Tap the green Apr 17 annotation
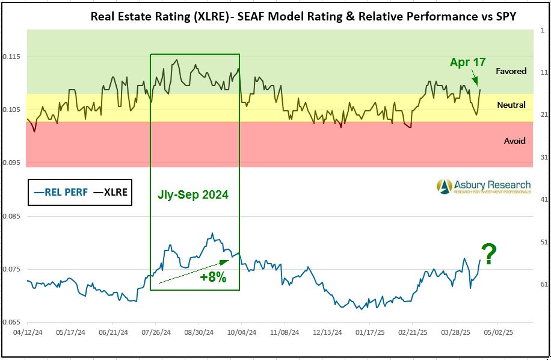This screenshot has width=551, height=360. point(467,62)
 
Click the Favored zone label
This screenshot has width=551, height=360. point(511,71)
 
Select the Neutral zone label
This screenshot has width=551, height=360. point(511,105)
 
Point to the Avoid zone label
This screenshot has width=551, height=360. point(514,141)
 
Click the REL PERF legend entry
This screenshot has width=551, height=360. point(61,193)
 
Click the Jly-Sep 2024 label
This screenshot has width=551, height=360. point(194,195)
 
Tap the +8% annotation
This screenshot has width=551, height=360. point(212,278)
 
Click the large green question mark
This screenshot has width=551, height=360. point(489,255)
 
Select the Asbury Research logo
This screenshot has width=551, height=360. point(484,187)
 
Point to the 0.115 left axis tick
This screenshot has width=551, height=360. point(11,57)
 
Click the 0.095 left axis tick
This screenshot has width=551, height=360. point(11,163)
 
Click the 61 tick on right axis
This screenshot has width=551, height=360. point(543,284)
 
